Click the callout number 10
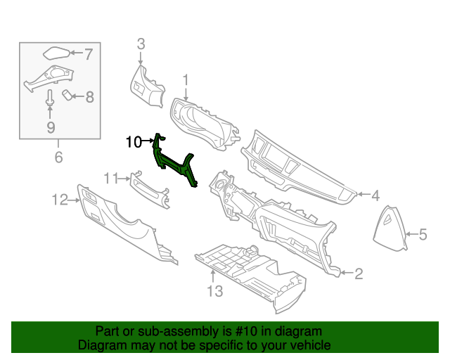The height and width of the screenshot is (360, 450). click(x=134, y=142)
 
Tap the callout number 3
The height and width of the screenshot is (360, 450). click(x=141, y=44)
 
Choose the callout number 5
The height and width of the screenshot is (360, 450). click(x=423, y=235)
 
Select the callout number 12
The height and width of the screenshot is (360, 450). click(x=58, y=200)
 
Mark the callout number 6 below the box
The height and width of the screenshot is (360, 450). click(x=58, y=157)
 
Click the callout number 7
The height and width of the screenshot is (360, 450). click(x=89, y=53)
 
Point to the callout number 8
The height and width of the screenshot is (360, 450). click(x=89, y=98)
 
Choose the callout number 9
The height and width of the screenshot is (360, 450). click(x=51, y=127)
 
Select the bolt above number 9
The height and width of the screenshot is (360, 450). click(x=51, y=98)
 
